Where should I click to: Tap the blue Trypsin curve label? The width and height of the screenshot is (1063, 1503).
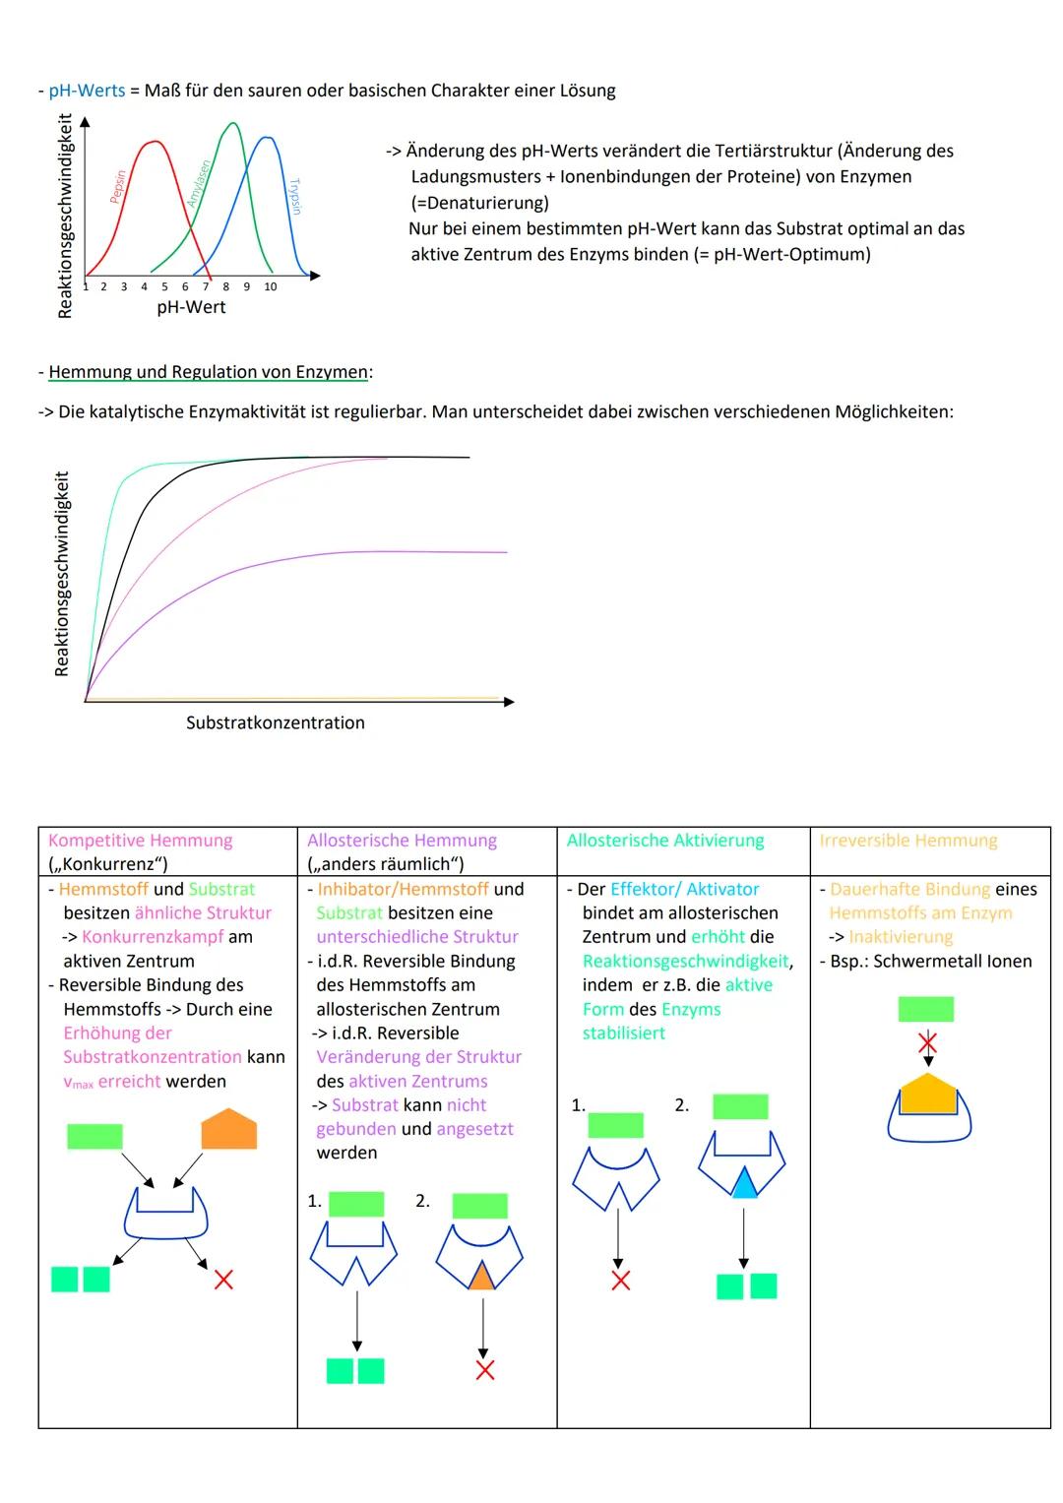pos(294,196)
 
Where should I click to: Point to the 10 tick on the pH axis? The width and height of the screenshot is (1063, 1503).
pos(270,287)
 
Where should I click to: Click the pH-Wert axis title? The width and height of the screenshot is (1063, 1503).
pos(191,307)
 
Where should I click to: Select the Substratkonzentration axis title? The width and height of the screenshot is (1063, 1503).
pos(275,722)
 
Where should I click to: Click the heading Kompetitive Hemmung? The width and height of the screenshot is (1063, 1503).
pos(140,841)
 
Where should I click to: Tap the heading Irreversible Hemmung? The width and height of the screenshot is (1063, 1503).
pos(907,841)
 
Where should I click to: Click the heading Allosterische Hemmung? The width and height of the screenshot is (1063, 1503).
pos(402,841)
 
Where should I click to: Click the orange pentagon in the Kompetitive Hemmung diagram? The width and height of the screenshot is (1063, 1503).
pos(228,1131)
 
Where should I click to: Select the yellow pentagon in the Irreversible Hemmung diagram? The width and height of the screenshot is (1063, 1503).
pos(928,1094)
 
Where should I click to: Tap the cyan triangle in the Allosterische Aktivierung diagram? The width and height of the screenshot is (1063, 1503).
pos(743,1183)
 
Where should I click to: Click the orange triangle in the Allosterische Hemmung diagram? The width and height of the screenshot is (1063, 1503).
pos(480,1277)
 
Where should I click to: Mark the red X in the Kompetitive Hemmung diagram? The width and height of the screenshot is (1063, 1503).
pos(224,1280)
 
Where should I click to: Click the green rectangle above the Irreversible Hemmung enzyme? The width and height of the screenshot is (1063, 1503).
pos(925,1009)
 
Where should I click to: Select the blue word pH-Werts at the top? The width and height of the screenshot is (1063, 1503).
pos(87,91)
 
